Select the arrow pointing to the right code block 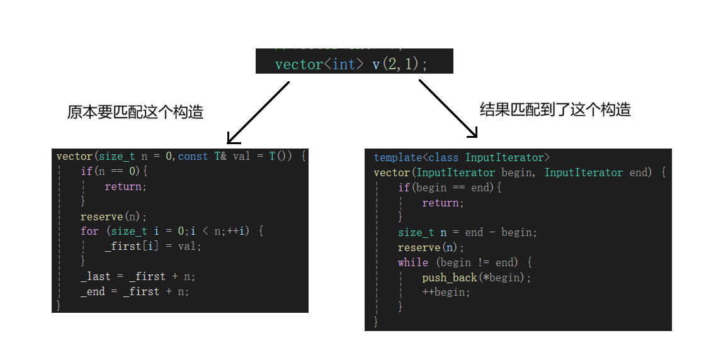pyautogui.click(x=448, y=108)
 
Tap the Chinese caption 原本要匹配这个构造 pyautogui.click(x=135, y=113)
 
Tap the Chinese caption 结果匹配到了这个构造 pyautogui.click(x=555, y=110)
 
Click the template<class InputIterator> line pyautogui.click(x=462, y=157)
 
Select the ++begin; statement pyautogui.click(x=446, y=292)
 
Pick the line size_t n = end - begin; pyautogui.click(x=467, y=232)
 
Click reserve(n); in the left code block pyautogui.click(x=113, y=217)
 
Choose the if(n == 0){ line pyautogui.click(x=113, y=171)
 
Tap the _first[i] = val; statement pyautogui.click(x=153, y=246)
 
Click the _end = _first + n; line pyautogui.click(x=135, y=291)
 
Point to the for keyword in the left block pyautogui.click(x=89, y=231)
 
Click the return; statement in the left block pyautogui.click(x=125, y=186)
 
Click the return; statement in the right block pyautogui.click(x=443, y=203)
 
